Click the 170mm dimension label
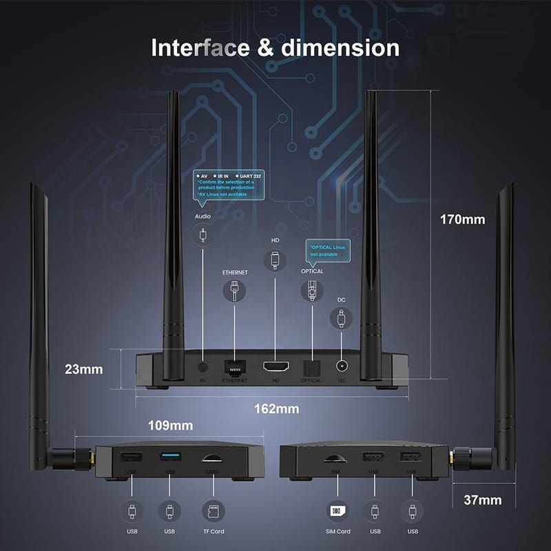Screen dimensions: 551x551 pos(463,220)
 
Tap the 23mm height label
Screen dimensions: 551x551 pos(83,369)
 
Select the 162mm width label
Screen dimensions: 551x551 pos(276,408)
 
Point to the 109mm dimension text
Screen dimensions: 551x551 pos(170,426)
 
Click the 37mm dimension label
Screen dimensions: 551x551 pos(482,500)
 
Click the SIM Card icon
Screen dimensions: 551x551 pos(337,511)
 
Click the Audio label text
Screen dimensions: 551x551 pos(202,216)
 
